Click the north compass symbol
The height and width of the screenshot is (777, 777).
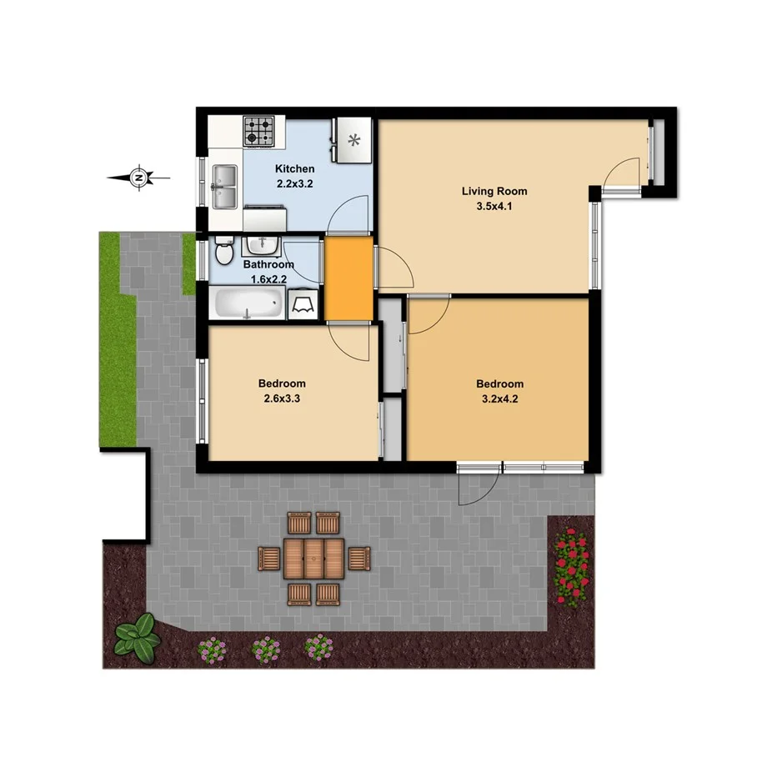pos(141,177)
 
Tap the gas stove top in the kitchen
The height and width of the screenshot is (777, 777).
pos(258,131)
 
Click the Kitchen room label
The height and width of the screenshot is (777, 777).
pos(295,169)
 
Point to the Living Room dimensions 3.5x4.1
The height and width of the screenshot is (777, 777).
pos(494,207)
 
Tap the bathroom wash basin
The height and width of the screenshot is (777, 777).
pos(262,245)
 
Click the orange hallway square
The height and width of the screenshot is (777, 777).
pos(348,278)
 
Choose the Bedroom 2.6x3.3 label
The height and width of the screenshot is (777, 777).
pos(282,383)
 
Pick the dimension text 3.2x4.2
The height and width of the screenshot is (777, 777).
pos(499,399)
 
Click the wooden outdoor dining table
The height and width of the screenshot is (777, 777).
pos(313,558)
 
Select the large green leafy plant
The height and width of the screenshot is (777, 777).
pos(138,635)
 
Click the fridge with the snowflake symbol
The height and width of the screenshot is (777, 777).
pos(353,140)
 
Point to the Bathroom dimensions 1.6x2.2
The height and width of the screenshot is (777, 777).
pos(268,279)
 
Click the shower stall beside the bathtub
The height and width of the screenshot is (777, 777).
pos(302,305)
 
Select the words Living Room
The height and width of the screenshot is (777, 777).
pos(494,191)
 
